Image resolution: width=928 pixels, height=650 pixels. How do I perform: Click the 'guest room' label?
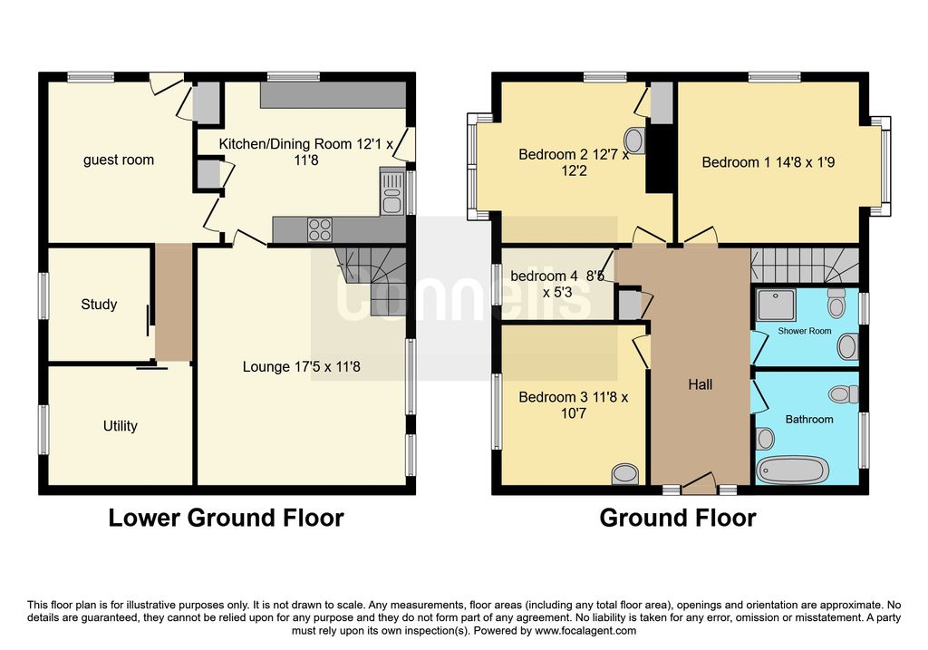point(119,160)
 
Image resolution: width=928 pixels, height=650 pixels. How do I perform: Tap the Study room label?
point(99,305)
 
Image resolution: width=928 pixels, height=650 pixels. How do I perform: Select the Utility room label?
point(121,426)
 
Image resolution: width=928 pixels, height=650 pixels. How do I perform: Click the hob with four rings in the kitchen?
point(320,229)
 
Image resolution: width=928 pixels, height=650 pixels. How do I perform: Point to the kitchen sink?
point(391,192)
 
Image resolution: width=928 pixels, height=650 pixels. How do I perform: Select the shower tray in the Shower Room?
point(776,306)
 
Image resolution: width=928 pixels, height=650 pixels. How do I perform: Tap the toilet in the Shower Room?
point(836,303)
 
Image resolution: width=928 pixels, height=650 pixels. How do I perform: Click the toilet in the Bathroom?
point(844,393)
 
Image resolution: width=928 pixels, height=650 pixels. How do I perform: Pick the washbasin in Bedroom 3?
point(625,473)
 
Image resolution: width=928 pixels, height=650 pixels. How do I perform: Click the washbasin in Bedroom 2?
point(634,141)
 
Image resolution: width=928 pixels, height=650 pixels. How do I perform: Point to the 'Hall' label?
point(701,384)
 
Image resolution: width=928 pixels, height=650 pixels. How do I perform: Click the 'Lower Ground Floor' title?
point(226,518)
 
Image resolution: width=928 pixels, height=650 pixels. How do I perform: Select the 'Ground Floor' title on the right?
point(678,518)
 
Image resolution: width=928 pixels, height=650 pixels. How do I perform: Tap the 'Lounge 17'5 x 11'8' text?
point(301,367)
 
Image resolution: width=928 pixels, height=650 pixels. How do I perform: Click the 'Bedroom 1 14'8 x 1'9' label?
point(768,162)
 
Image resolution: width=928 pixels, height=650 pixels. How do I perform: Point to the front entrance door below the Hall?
point(699,483)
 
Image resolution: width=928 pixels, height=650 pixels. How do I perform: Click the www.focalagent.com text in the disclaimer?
point(585,630)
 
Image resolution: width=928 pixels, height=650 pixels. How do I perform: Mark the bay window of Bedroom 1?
point(882,166)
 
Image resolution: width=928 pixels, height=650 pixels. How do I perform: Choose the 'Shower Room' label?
point(805,331)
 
